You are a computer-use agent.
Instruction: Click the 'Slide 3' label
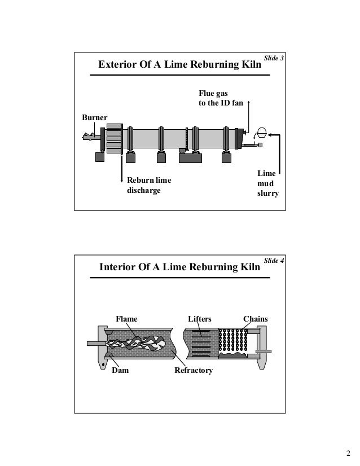pos(274,58)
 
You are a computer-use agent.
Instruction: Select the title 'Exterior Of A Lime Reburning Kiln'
pos(180,64)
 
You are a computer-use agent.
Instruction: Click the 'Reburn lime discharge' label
pos(149,185)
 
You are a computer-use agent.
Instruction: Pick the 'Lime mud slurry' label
pos(267,183)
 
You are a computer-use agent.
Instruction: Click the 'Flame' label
pos(126,319)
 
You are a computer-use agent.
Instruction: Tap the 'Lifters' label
pos(200,319)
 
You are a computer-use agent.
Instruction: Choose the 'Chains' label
pos(255,319)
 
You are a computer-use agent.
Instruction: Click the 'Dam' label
pos(119,370)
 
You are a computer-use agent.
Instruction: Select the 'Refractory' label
pos(194,370)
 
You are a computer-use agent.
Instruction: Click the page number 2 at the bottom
pos(348,453)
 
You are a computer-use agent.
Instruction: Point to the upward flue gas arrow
pos(248,116)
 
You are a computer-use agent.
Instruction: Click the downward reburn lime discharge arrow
pos(120,169)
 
